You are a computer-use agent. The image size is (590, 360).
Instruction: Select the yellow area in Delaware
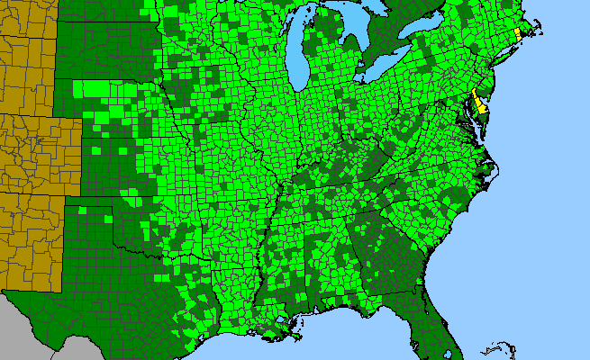tap(481, 104)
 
